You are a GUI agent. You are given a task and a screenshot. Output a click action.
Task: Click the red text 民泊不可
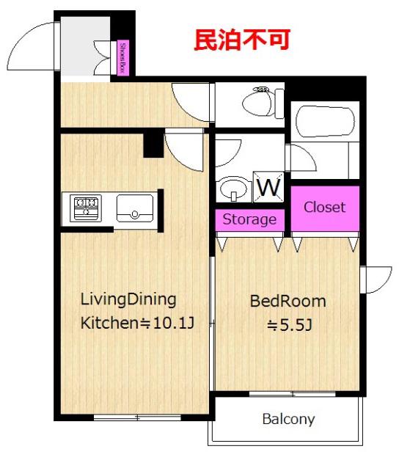[x=242, y=40]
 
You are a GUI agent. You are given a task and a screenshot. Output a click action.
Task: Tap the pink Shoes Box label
[x=123, y=57]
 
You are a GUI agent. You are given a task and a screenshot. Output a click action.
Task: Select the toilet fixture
[x=263, y=103]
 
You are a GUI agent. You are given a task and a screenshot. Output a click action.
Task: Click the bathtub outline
[x=325, y=121]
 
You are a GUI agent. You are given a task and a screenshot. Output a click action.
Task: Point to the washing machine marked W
[x=268, y=187]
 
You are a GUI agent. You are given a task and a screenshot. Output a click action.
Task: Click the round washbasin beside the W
[x=233, y=189]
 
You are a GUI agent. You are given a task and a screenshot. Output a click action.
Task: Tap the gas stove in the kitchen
[x=86, y=208]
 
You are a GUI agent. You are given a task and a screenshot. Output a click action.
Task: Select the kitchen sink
[x=135, y=208]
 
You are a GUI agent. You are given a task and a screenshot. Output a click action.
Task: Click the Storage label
[x=249, y=219]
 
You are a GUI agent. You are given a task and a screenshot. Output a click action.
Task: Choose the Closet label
[x=324, y=207]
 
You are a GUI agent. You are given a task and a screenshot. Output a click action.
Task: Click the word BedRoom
[x=288, y=302]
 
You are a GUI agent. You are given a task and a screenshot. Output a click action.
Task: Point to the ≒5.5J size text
[x=289, y=325]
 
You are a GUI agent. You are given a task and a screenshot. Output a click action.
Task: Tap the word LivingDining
[x=128, y=300]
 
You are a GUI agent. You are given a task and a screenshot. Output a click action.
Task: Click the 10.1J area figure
[x=173, y=323]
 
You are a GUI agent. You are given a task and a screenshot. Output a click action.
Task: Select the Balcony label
[x=288, y=419]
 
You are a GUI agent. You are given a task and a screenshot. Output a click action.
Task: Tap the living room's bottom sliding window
[x=137, y=417]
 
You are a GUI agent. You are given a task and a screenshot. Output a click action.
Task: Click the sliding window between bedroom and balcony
[x=292, y=394]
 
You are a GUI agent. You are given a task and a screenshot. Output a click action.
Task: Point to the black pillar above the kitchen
[x=153, y=145]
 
